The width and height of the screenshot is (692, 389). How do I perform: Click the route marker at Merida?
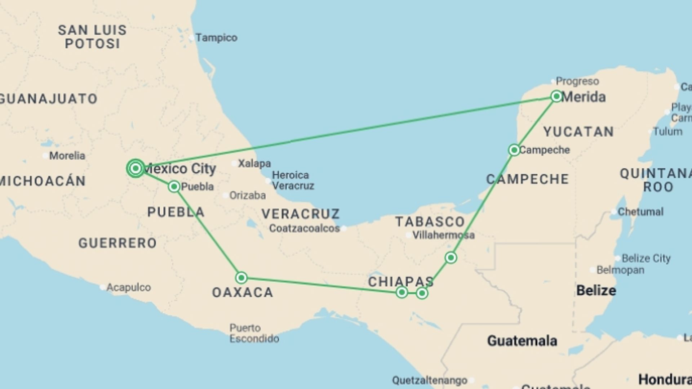click(x=556, y=96)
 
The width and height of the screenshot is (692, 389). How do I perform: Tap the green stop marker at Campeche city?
click(x=514, y=150)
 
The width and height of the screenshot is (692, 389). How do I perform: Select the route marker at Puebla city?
click(x=174, y=187)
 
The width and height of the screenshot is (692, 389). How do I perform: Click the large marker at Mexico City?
click(x=136, y=168)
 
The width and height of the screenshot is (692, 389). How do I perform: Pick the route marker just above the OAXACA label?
click(x=241, y=278)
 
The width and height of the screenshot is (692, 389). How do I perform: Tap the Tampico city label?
click(x=216, y=38)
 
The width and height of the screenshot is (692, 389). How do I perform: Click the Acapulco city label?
click(x=128, y=287)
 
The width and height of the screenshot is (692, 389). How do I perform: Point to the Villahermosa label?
click(x=443, y=235)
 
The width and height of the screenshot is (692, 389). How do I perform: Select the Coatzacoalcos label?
click(x=305, y=228)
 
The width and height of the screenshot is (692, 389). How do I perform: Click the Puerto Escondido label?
click(x=254, y=333)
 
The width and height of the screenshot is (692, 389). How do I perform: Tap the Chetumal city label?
click(x=640, y=212)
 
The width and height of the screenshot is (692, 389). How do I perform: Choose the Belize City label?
click(x=646, y=258)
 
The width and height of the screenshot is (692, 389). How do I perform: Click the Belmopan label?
click(x=620, y=270)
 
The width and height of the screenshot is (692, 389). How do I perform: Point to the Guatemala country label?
click(x=522, y=341)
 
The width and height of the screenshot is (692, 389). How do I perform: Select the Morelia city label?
click(x=67, y=156)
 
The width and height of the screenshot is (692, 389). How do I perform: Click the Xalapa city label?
click(x=254, y=164)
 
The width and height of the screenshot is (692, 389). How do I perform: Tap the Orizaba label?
click(x=248, y=195)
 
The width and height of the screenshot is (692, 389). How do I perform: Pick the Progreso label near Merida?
click(x=577, y=81)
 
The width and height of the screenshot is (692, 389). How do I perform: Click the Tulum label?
click(x=667, y=131)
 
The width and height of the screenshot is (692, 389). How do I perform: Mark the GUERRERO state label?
click(x=117, y=243)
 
